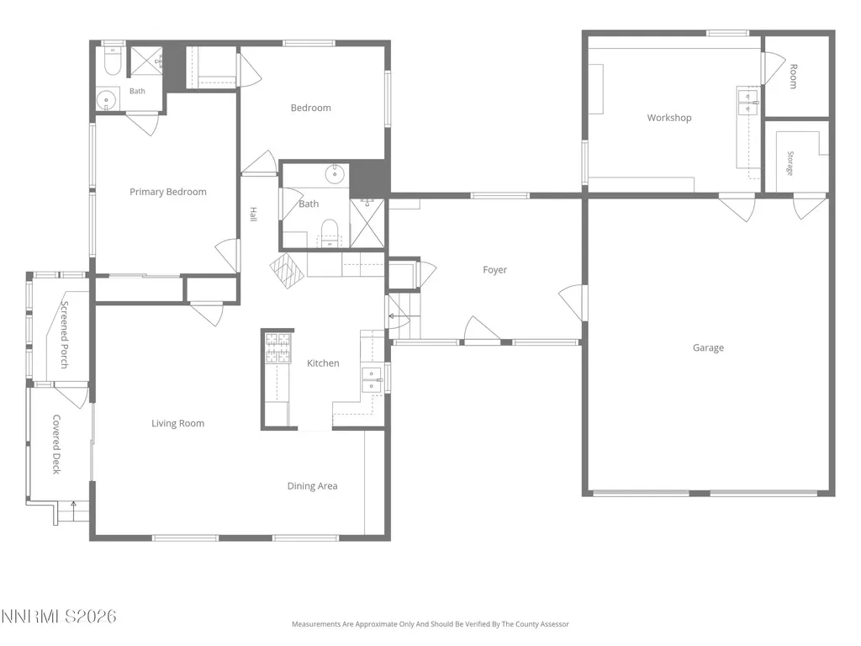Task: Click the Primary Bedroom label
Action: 168,192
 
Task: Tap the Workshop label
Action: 668,118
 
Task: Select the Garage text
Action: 708,347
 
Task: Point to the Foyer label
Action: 494,270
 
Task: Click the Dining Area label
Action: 312,486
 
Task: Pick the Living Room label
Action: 177,424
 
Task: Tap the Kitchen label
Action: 323,363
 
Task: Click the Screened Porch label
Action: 64,335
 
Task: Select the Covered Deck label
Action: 56,444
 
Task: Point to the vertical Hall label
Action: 253,214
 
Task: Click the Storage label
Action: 790,163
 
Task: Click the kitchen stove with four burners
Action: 277,348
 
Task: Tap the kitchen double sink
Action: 371,379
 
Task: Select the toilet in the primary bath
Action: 112,62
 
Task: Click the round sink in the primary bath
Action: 105,101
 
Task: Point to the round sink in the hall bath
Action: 335,174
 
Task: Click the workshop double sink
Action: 747,102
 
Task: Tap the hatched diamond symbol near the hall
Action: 288,270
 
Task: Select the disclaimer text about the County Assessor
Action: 430,624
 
